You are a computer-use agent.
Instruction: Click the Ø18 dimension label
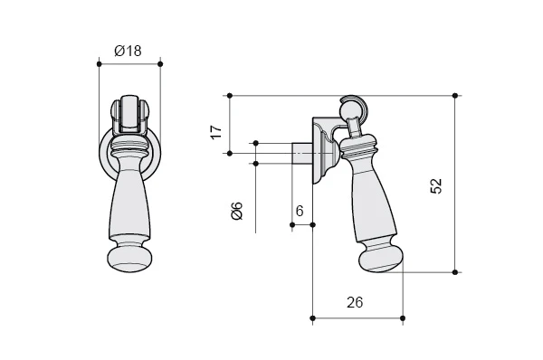point(128,51)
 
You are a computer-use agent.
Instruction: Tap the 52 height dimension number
point(436,186)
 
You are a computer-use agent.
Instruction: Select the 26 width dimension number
point(355,302)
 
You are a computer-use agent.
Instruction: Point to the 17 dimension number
point(216,132)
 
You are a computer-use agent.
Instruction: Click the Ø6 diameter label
point(237,211)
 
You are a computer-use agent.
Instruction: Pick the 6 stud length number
point(300,211)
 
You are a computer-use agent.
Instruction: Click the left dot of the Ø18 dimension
point(99,64)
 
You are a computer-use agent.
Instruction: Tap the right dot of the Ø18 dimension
point(160,64)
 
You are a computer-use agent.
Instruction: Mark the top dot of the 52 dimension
point(455,96)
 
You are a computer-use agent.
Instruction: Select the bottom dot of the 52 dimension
point(455,272)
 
